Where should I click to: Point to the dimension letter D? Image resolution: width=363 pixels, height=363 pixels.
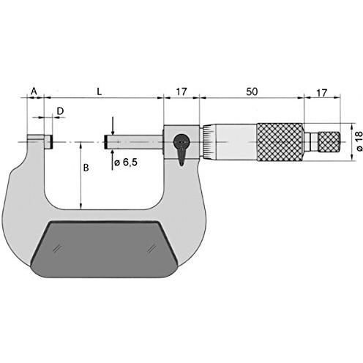(60, 111)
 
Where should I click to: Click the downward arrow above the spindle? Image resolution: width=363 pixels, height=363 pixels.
(112, 125)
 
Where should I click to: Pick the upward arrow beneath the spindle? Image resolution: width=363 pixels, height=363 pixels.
(112, 155)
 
